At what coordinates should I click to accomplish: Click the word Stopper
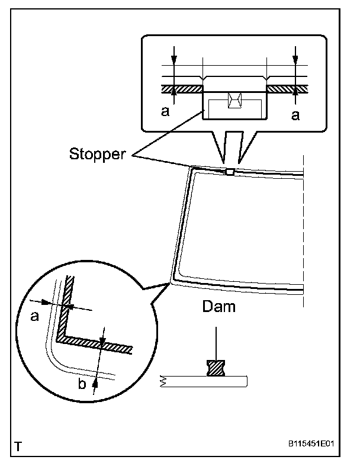[98, 155]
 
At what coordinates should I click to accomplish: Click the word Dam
[218, 307]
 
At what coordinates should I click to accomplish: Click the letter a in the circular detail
[34, 317]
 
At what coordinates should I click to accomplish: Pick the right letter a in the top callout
[295, 115]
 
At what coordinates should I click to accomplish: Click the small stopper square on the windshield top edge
[230, 172]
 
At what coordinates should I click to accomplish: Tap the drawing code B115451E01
[316, 442]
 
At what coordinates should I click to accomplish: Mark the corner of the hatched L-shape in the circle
[60, 340]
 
